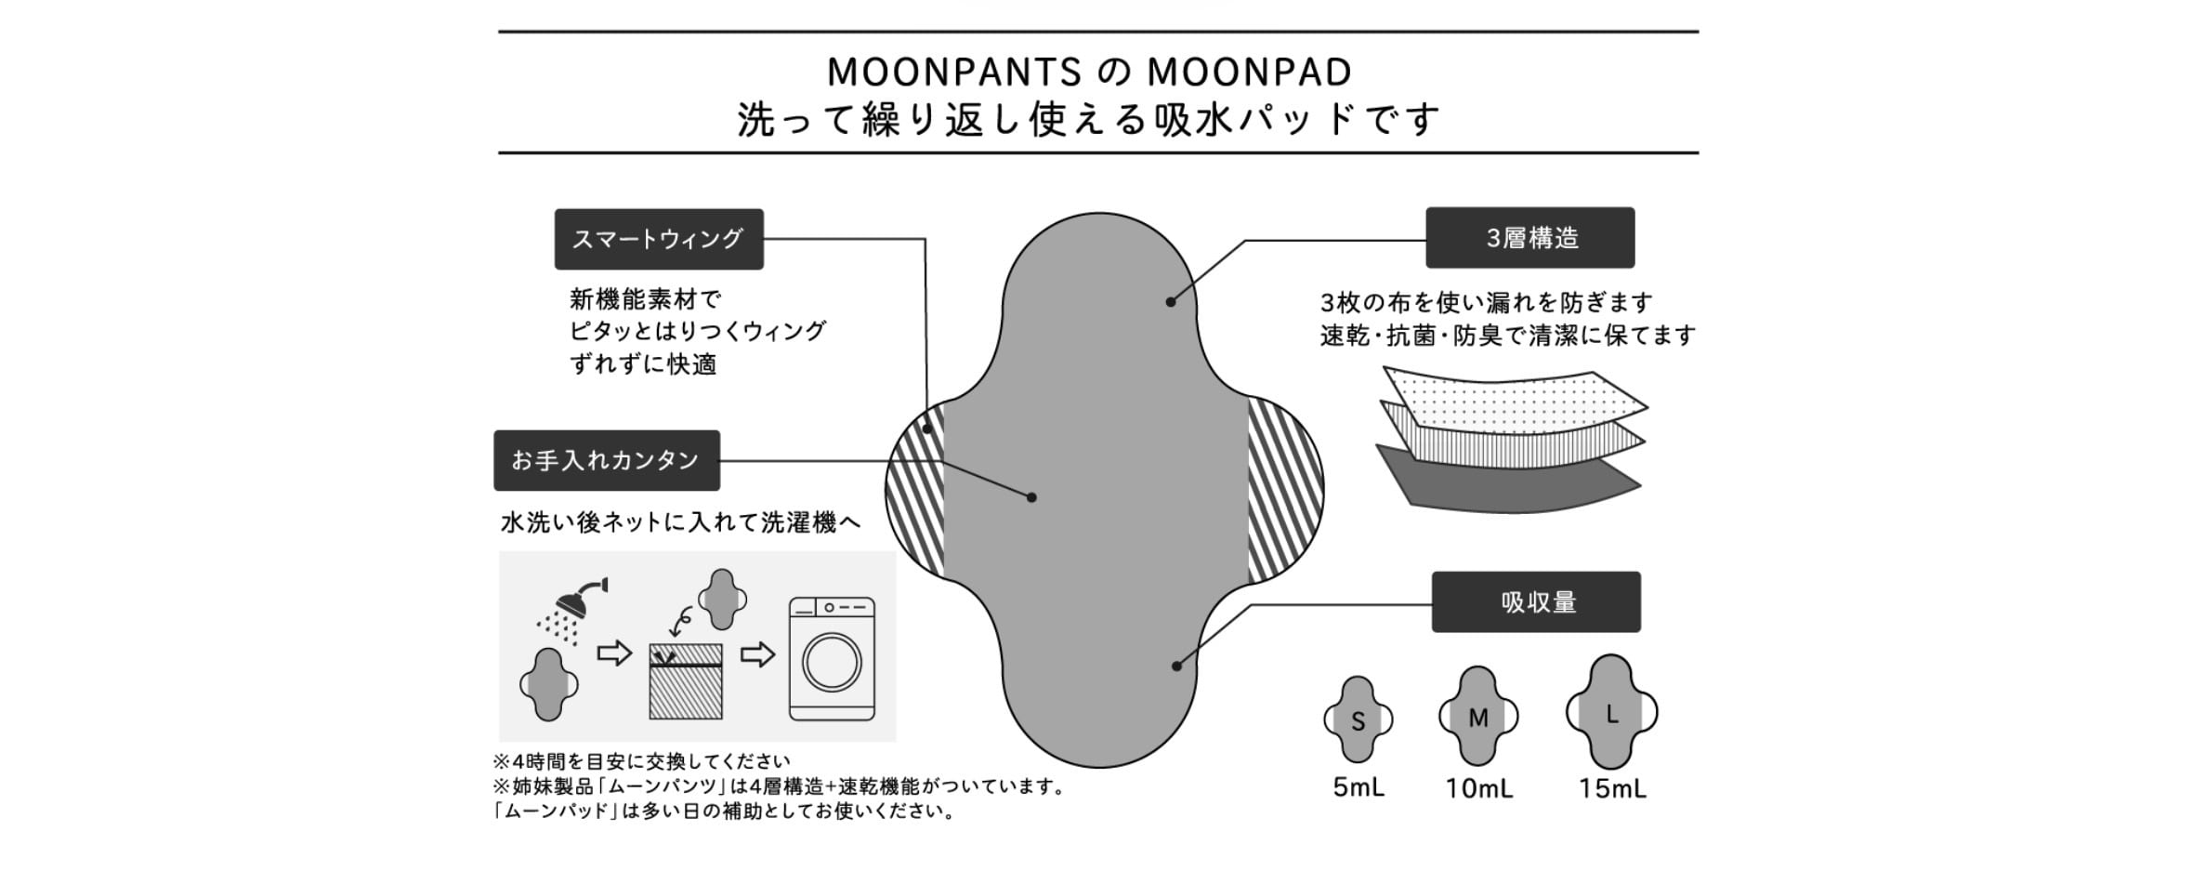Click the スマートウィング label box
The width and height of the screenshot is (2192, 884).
(659, 240)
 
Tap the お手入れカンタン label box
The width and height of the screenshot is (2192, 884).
(606, 460)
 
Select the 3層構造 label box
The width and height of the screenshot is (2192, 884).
(1529, 238)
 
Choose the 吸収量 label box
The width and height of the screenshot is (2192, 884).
(1536, 602)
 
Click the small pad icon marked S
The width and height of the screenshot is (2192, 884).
(1358, 719)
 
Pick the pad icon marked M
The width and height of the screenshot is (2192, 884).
(1477, 717)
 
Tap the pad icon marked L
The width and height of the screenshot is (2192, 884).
(1611, 712)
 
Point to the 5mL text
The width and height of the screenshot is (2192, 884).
(1358, 788)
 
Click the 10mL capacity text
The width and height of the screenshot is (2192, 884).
(1478, 789)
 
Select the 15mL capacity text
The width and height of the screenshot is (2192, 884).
(1612, 789)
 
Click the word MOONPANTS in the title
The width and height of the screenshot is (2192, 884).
(954, 73)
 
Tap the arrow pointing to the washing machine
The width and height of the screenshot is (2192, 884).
(757, 654)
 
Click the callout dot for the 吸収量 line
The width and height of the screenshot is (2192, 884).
(1176, 666)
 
